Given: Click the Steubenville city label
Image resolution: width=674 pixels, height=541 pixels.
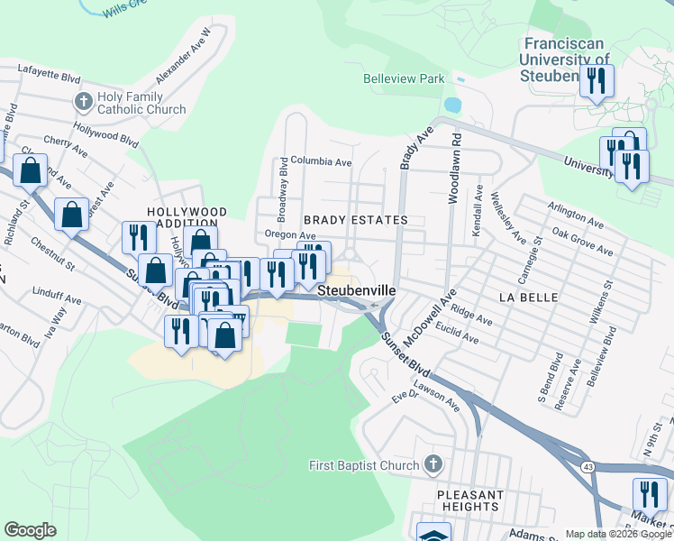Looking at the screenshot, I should point(356,291).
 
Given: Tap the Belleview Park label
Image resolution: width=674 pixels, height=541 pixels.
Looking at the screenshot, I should point(404,79).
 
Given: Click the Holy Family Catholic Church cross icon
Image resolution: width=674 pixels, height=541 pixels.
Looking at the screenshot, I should point(83,101).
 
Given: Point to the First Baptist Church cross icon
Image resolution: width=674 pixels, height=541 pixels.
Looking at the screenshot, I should point(433,465).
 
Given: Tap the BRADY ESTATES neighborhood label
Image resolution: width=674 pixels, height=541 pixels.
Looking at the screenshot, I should point(356,220).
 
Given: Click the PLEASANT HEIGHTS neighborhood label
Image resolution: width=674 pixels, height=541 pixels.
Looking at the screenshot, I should point(470,500).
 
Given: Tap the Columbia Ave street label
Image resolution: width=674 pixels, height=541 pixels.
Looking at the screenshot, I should point(321,162).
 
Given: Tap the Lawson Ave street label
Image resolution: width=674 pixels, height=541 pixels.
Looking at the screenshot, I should point(438,401).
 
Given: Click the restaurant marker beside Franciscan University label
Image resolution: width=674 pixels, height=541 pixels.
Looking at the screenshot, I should point(596,81).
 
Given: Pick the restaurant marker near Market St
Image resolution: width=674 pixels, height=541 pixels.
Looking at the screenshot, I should point(648,494).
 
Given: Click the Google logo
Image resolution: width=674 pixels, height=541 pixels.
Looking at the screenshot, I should point(30,530).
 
